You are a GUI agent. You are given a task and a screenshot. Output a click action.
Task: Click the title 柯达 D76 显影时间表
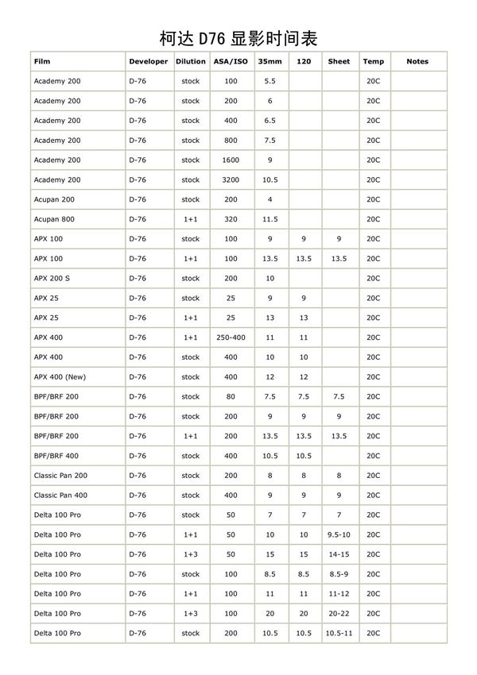click(x=238, y=38)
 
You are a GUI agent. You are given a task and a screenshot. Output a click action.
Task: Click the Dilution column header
click(x=190, y=61)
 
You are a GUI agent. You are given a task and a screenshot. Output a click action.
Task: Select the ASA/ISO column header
click(x=231, y=61)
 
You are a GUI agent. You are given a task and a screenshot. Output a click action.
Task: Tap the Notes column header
click(x=417, y=61)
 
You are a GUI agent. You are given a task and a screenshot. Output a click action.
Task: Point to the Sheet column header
click(x=339, y=61)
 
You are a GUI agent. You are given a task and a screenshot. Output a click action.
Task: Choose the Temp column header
click(x=373, y=61)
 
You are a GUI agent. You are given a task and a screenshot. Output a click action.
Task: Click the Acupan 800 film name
click(x=54, y=219)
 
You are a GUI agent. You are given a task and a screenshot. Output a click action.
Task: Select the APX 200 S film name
click(x=52, y=279)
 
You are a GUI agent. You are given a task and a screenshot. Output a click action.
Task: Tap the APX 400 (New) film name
click(x=60, y=377)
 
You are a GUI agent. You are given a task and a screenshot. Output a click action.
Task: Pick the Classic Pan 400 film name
click(x=60, y=496)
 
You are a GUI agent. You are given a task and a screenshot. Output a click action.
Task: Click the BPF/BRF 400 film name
click(x=56, y=456)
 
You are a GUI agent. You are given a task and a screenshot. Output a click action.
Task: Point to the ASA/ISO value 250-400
click(x=231, y=337)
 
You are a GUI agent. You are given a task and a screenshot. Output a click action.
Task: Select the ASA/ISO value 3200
click(x=231, y=180)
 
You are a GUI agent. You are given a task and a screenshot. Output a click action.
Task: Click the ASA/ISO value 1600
click(x=231, y=160)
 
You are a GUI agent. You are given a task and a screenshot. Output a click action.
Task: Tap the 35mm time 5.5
click(x=270, y=81)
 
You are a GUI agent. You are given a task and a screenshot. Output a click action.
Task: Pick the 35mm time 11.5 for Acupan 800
click(x=270, y=219)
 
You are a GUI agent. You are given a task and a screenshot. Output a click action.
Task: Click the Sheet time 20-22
click(x=339, y=614)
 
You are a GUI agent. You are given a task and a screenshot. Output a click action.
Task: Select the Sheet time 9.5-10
click(x=339, y=535)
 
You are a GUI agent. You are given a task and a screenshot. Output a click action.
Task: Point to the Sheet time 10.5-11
click(x=339, y=634)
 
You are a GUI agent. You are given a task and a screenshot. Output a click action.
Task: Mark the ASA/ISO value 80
click(x=231, y=397)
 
